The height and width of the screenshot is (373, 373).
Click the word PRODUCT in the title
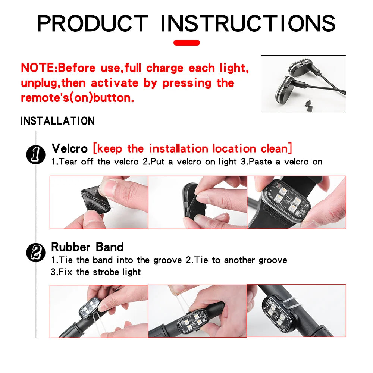[93, 23]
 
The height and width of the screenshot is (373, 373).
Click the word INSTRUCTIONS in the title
[248, 23]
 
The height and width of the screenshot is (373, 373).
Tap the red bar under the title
[186, 43]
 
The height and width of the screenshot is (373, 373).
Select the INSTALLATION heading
[57, 121]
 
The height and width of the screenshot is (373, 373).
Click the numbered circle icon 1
[35, 154]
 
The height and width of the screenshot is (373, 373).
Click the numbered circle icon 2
[35, 253]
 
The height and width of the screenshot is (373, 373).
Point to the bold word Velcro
[69, 148]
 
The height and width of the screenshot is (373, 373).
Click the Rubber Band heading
[87, 247]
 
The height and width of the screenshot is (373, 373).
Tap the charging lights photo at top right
[303, 84]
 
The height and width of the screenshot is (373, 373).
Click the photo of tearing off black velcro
[99, 202]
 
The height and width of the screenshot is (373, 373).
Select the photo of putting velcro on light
[198, 202]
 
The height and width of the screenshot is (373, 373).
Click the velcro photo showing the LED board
[297, 202]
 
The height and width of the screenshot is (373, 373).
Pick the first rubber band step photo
[99, 311]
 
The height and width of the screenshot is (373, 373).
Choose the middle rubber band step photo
[197, 311]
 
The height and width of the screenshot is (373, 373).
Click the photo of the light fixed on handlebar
[297, 311]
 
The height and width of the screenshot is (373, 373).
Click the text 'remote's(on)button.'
[77, 98]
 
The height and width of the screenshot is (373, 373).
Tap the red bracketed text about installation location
[192, 148]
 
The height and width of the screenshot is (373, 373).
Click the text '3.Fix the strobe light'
[96, 272]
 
